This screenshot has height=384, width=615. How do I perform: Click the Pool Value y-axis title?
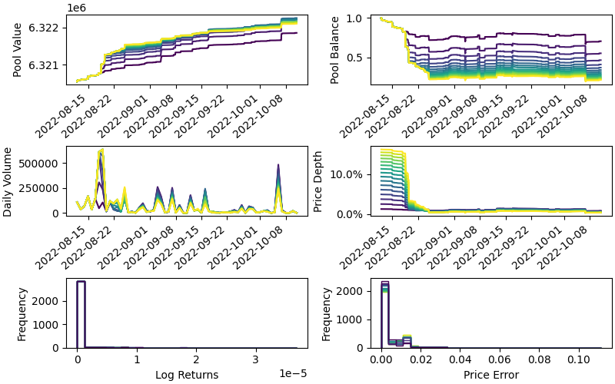coord(17,48)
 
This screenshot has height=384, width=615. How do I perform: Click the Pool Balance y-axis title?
coord(334,48)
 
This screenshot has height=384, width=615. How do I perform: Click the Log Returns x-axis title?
coord(187,376)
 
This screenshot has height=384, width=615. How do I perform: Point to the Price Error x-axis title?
coord(490,376)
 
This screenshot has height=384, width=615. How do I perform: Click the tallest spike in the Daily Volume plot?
coord(101,151)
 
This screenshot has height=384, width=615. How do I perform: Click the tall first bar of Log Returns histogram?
coord(81,315)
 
